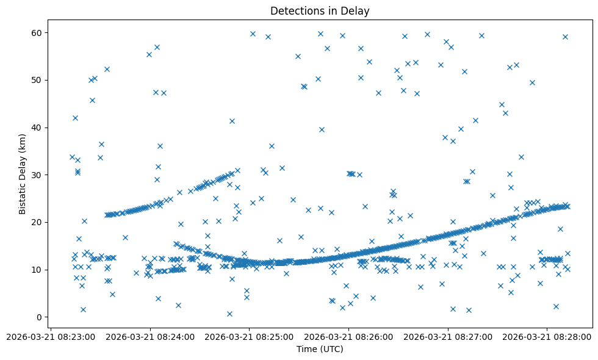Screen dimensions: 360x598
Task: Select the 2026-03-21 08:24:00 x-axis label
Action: pos(149,336)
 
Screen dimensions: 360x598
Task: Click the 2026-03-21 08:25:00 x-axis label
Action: pos(249,336)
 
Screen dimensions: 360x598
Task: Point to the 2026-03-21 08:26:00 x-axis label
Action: pos(348,336)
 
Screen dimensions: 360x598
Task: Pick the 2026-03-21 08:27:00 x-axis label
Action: pos(448,336)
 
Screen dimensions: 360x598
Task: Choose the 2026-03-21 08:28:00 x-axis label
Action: pos(547,336)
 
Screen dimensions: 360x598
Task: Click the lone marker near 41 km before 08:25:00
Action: pos(232,121)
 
